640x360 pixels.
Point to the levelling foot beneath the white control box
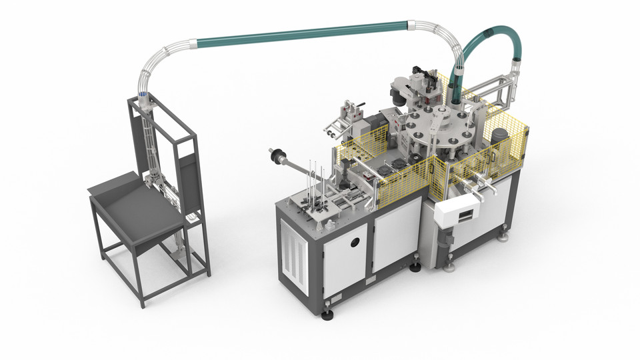[x=449, y=265]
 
